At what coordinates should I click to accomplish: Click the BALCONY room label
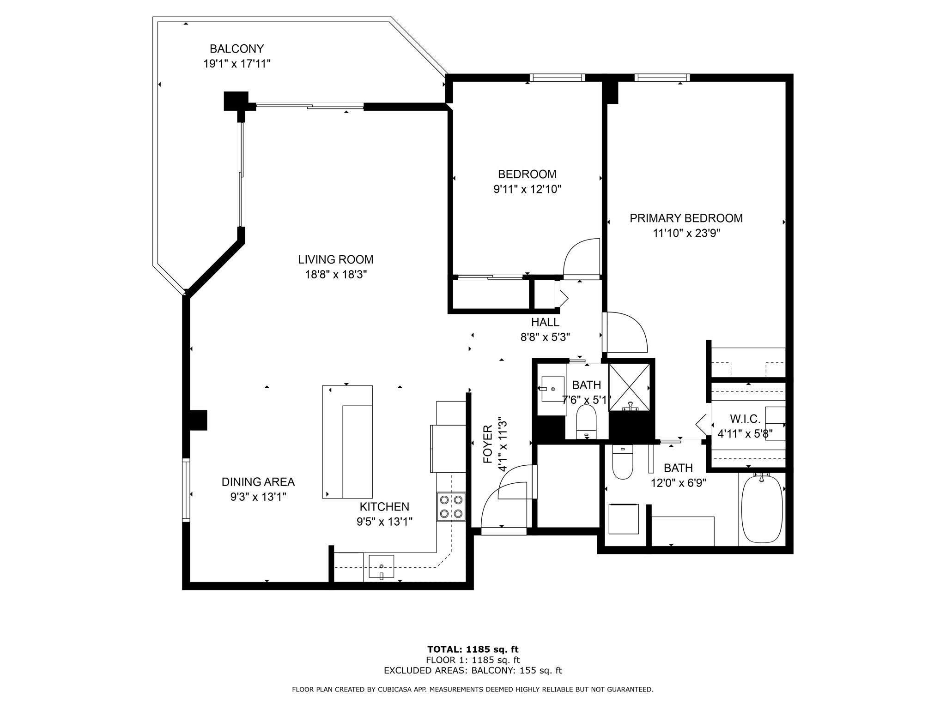point(236,49)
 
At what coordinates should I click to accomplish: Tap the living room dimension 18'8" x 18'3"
point(335,275)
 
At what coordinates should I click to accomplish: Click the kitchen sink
point(381,566)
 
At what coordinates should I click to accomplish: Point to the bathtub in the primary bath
point(762,509)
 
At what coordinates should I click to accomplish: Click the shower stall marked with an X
point(630,387)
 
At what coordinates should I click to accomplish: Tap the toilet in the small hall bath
point(586,421)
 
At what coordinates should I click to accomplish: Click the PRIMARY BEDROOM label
point(686,218)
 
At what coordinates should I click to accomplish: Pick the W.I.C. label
point(745,419)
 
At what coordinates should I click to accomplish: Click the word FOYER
point(488,444)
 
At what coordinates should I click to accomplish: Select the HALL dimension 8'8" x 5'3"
point(545,337)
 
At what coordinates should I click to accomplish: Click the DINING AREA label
point(258,482)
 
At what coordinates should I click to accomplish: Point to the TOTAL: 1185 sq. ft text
point(473,649)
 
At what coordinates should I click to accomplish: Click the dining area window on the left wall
point(186,490)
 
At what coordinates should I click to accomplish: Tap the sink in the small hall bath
point(552,389)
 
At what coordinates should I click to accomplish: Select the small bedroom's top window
point(557,78)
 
